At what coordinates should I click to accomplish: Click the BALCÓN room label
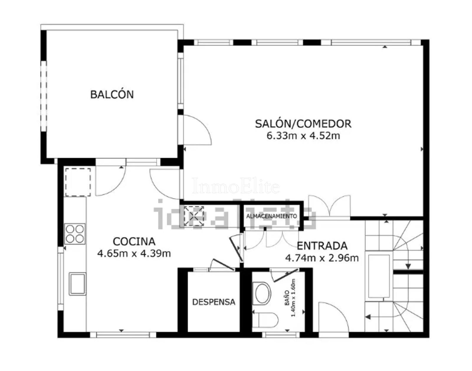click(112, 95)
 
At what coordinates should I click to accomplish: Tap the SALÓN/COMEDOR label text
click(303, 124)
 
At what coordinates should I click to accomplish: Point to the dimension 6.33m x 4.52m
click(303, 136)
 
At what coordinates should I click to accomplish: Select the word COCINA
click(134, 241)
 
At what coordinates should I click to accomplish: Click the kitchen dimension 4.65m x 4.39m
click(134, 254)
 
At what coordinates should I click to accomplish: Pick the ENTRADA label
click(322, 246)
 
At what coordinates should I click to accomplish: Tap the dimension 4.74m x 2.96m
click(322, 258)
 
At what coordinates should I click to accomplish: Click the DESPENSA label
click(214, 302)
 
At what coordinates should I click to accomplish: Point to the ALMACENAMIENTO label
click(271, 216)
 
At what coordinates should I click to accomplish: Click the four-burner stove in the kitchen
click(75, 234)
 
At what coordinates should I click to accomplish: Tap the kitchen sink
click(77, 284)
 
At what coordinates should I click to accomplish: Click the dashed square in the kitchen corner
click(78, 182)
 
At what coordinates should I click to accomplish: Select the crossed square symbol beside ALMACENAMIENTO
click(194, 216)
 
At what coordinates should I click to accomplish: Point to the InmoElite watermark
click(236, 186)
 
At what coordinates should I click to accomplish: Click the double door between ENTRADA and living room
click(330, 206)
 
